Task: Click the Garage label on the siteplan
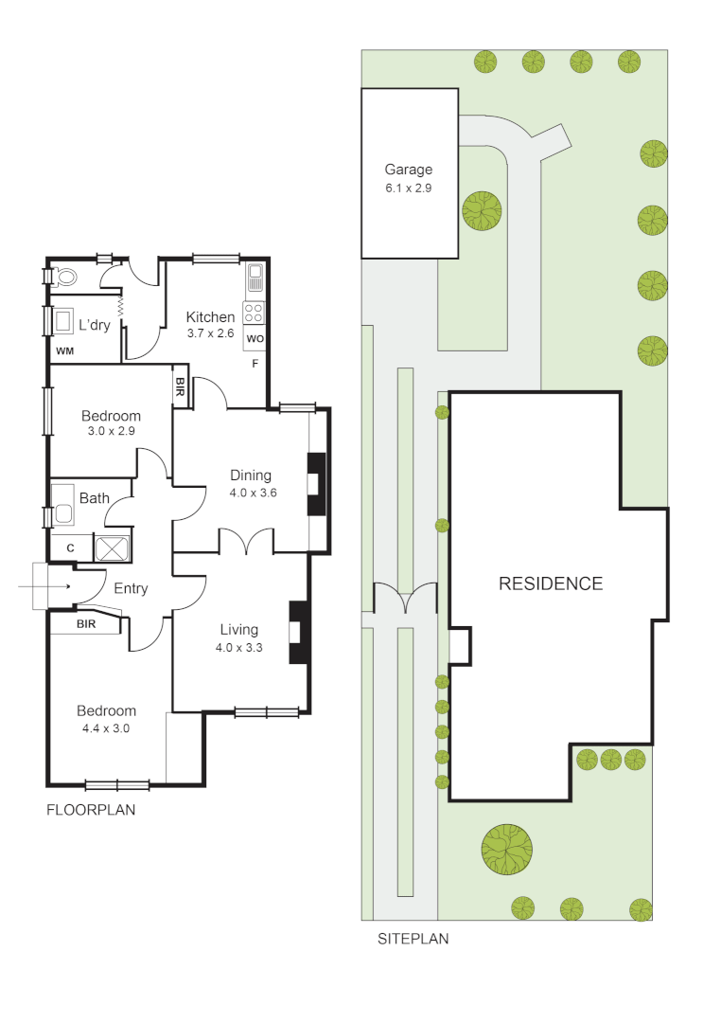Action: (x=408, y=170)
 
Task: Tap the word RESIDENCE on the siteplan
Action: (x=550, y=583)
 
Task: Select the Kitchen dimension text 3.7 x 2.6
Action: (x=210, y=332)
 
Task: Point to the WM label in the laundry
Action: (x=64, y=351)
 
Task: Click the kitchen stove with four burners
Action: (x=255, y=312)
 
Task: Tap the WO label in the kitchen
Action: (x=255, y=338)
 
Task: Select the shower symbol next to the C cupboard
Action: (x=113, y=547)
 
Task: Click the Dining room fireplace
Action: (x=315, y=483)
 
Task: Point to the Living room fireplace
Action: (x=298, y=632)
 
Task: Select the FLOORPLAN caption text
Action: (x=91, y=810)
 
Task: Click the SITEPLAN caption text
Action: (x=413, y=940)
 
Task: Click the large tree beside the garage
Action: (x=482, y=209)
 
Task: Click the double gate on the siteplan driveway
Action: (x=405, y=599)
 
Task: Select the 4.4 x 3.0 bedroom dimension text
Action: (x=106, y=728)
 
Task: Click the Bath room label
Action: (x=94, y=498)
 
